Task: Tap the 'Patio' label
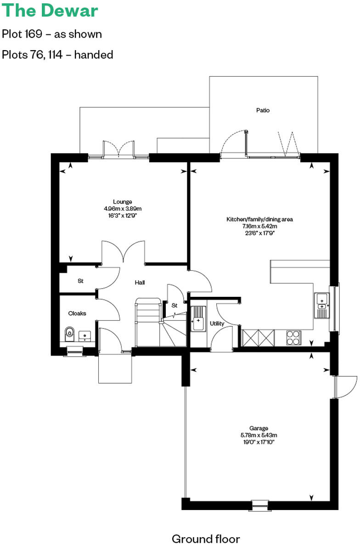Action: (x=263, y=110)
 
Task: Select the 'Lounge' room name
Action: (x=123, y=201)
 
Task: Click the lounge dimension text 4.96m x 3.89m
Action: (x=123, y=208)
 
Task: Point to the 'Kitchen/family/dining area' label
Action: (x=259, y=219)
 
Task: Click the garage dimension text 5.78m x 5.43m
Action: (x=259, y=435)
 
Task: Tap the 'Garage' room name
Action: (x=259, y=428)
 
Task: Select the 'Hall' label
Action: (x=140, y=282)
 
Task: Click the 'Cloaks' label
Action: (x=77, y=313)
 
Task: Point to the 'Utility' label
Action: (x=217, y=324)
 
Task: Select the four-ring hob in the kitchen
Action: (x=292, y=338)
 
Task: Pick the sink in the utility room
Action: (x=198, y=318)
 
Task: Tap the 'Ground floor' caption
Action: (x=206, y=539)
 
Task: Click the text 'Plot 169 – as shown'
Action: (x=52, y=34)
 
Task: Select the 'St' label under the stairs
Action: (x=174, y=305)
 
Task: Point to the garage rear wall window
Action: (x=259, y=505)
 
